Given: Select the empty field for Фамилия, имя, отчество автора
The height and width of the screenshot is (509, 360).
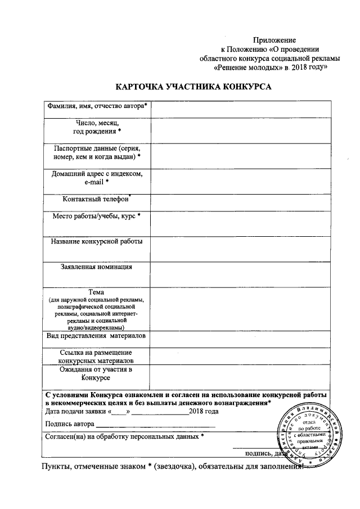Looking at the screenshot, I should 240,107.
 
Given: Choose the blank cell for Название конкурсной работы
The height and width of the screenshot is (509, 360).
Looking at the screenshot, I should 240,247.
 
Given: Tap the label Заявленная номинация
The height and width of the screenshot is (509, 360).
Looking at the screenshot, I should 96,267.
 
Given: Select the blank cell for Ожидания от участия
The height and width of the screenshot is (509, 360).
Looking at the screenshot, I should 240,375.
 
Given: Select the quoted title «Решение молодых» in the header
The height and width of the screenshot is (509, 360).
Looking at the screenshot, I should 247,66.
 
